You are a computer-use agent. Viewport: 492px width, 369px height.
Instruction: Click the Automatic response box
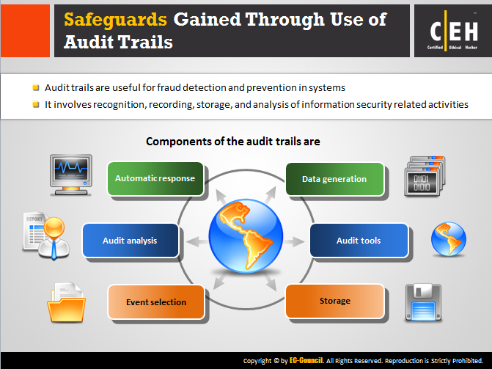pyautogui.click(x=155, y=179)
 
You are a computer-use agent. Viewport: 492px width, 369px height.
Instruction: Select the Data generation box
pyautogui.click(x=335, y=179)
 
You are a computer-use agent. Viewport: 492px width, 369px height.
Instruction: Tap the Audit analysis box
pyautogui.click(x=131, y=240)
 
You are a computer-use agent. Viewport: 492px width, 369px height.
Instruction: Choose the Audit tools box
pyautogui.click(x=359, y=240)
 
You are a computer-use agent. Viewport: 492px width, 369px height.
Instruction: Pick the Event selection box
pyautogui.click(x=156, y=302)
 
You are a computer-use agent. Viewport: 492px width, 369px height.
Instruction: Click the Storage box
pyautogui.click(x=335, y=301)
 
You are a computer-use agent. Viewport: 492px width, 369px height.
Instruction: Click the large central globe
pyautogui.click(x=246, y=235)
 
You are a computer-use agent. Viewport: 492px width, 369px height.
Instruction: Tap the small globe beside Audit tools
pyautogui.click(x=449, y=239)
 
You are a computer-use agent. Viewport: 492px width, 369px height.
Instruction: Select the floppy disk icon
pyautogui.click(x=423, y=303)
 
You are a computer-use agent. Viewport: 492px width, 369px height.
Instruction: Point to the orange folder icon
pyautogui.click(x=66, y=302)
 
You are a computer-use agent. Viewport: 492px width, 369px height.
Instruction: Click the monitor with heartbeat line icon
pyautogui.click(x=71, y=175)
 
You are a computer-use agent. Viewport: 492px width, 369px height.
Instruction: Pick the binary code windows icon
pyautogui.click(x=425, y=176)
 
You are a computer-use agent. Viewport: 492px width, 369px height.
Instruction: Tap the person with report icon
pyautogui.click(x=46, y=235)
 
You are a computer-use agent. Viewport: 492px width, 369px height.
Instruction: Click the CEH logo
pyautogui.click(x=453, y=32)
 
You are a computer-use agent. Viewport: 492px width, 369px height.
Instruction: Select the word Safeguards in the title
pyautogui.click(x=115, y=20)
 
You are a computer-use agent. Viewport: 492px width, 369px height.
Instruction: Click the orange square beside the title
pyautogui.click(x=25, y=31)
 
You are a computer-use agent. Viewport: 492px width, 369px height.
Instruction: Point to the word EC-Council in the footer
pyautogui.click(x=306, y=360)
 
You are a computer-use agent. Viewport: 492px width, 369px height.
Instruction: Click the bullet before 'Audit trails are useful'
pyautogui.click(x=36, y=87)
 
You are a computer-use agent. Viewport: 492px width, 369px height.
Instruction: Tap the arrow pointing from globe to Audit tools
pyautogui.click(x=294, y=241)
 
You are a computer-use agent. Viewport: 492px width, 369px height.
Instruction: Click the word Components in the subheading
pyautogui.click(x=179, y=142)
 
